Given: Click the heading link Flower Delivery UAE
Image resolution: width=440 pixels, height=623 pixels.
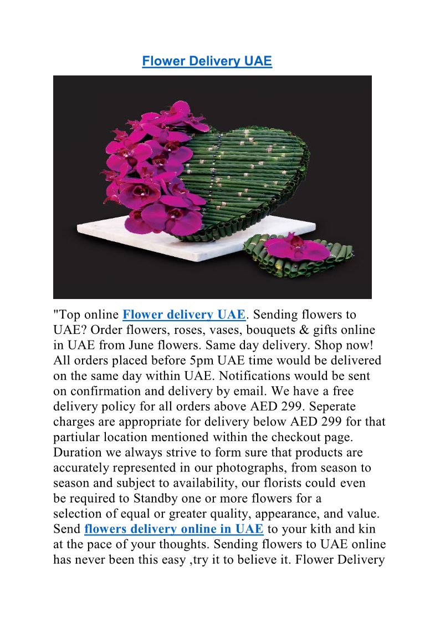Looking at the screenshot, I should coord(207,61).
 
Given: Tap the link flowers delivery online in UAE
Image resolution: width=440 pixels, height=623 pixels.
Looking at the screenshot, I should coord(173,529).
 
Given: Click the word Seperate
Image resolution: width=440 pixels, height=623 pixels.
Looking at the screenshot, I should coord(328,407).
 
